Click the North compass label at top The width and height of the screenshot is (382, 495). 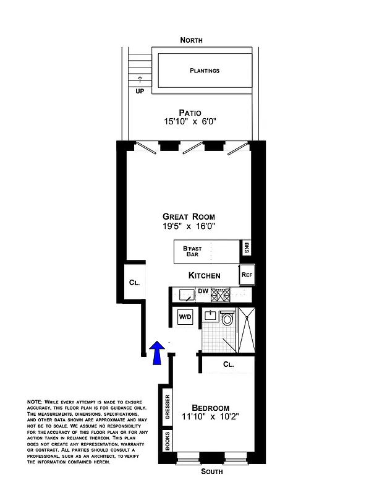[x=191, y=40]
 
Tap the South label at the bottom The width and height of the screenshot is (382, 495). [x=211, y=472]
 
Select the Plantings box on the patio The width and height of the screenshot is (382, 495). [x=204, y=71]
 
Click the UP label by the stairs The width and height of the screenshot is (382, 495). [x=140, y=90]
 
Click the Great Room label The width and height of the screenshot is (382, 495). [x=189, y=217]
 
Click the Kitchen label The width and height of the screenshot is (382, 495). [x=204, y=275]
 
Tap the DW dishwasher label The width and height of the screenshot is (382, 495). [x=203, y=291]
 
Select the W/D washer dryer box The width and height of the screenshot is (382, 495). [x=185, y=317]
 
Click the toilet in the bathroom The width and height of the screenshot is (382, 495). [x=227, y=319]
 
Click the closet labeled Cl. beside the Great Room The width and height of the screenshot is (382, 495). [x=134, y=282]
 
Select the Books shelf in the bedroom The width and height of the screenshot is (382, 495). [x=167, y=441]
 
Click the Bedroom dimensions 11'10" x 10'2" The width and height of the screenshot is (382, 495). [x=210, y=418]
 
